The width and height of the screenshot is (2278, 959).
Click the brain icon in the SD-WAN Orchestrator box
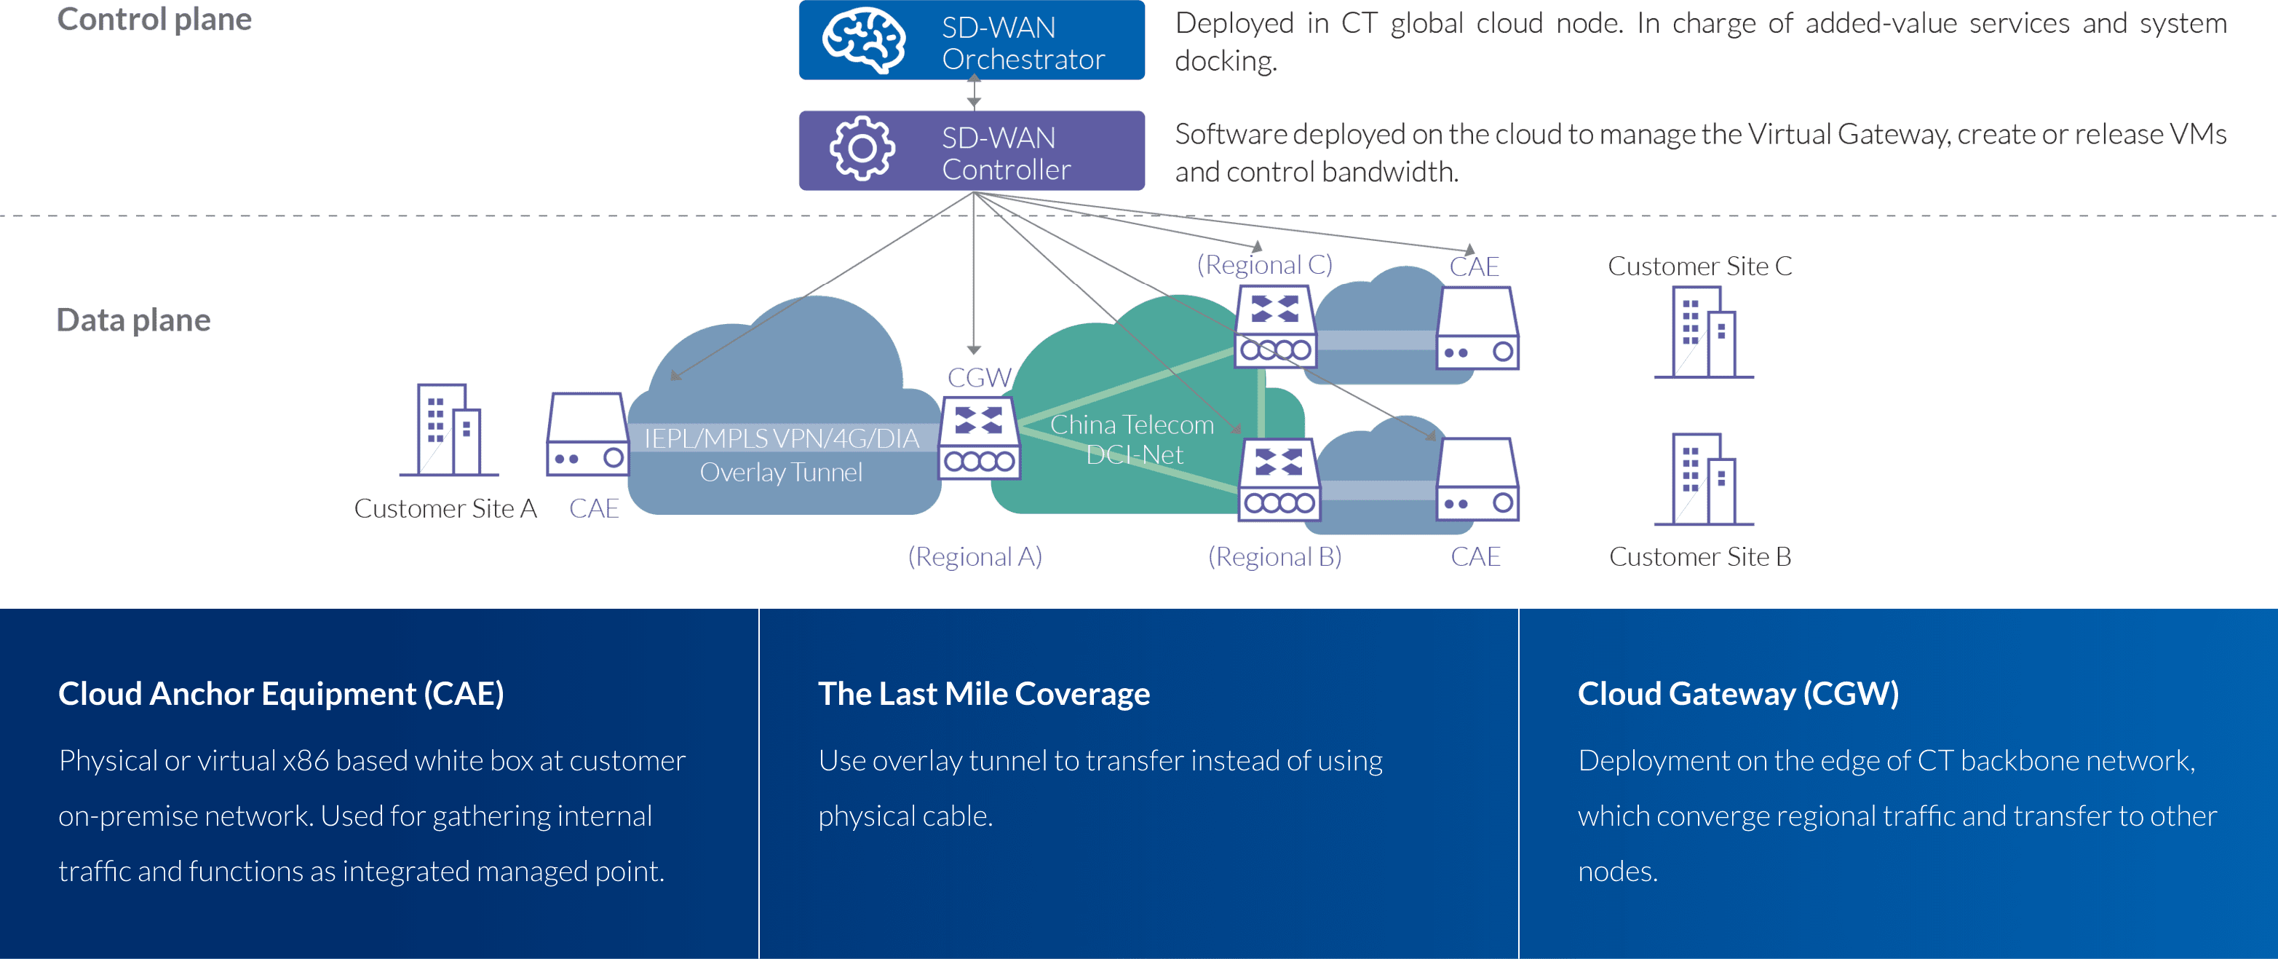point(863,40)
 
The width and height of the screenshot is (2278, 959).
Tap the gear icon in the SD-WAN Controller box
point(862,149)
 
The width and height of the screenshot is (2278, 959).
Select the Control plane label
point(155,20)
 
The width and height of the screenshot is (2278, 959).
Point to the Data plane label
point(133,320)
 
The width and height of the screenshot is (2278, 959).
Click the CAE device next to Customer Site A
point(588,435)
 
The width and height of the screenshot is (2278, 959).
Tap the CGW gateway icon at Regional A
point(979,438)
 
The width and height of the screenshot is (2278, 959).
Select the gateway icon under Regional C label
point(1275,328)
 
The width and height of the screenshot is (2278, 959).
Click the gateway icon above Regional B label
point(1279,479)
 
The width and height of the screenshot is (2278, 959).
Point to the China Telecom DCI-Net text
point(1132,440)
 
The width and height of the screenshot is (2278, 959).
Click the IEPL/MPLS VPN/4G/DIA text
point(781,439)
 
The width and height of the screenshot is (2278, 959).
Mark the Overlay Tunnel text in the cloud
point(781,473)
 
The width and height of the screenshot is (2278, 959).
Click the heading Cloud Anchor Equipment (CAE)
point(281,694)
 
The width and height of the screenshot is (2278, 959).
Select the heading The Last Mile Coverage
point(983,694)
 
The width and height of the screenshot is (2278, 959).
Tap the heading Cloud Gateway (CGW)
point(1738,694)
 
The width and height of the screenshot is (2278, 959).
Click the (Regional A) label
point(975,556)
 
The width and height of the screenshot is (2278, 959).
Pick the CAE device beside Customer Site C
point(1477,328)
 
